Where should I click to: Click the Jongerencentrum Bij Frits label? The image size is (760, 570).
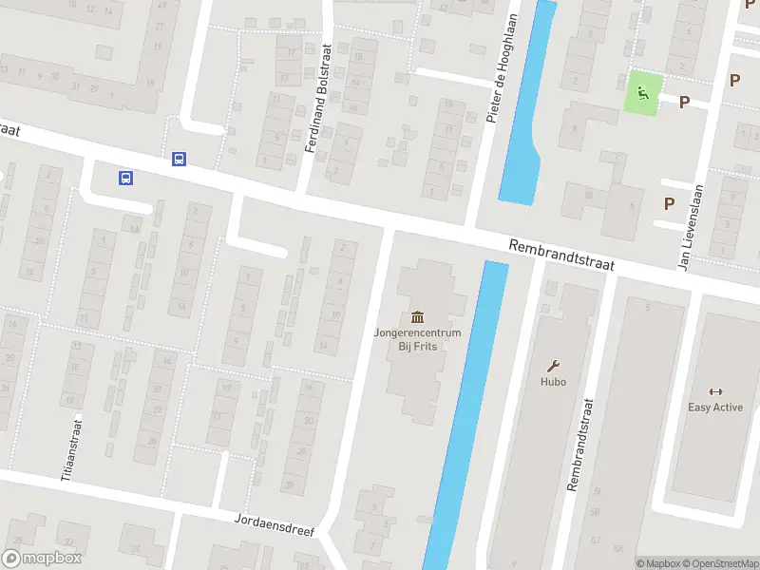click(x=417, y=339)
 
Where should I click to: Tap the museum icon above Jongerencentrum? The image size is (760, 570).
click(x=417, y=316)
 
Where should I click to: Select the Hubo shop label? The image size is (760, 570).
click(x=553, y=382)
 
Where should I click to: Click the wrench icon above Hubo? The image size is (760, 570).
click(x=553, y=365)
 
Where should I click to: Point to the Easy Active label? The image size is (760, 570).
click(x=715, y=408)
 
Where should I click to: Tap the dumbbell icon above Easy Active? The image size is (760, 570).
click(x=715, y=390)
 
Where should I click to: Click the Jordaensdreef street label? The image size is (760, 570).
click(x=274, y=525)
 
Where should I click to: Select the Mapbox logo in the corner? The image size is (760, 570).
click(x=42, y=559)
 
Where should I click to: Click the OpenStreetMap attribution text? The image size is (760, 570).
click(x=719, y=563)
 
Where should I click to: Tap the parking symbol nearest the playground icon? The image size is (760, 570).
click(x=683, y=100)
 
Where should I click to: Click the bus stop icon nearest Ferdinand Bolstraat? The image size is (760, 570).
click(x=179, y=160)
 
